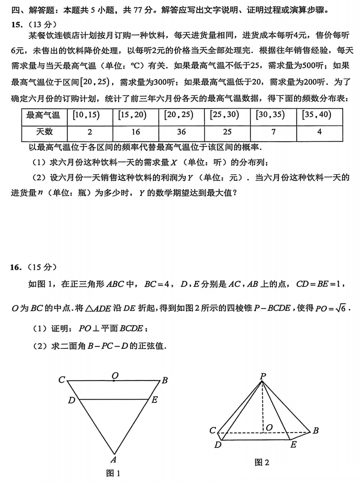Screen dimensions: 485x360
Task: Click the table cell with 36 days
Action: [x=181, y=132]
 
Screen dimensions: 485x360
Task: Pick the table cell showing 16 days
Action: [x=136, y=132]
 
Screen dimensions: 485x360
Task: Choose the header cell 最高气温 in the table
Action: [x=44, y=115]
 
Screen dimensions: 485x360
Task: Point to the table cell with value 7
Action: [x=273, y=132]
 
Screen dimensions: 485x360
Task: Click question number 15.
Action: [x=17, y=25]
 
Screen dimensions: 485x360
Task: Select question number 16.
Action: [x=17, y=267]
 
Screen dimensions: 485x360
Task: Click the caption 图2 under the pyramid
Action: [x=262, y=462]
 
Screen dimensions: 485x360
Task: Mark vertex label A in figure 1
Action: [x=113, y=460]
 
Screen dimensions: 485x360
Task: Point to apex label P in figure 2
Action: [x=263, y=376]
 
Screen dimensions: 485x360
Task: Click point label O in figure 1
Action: [x=115, y=376]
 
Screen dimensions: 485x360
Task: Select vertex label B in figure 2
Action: [x=315, y=431]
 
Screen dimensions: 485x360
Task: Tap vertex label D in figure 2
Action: [x=218, y=444]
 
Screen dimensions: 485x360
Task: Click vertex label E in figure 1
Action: [x=154, y=400]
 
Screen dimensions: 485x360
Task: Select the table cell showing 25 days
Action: [x=227, y=132]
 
